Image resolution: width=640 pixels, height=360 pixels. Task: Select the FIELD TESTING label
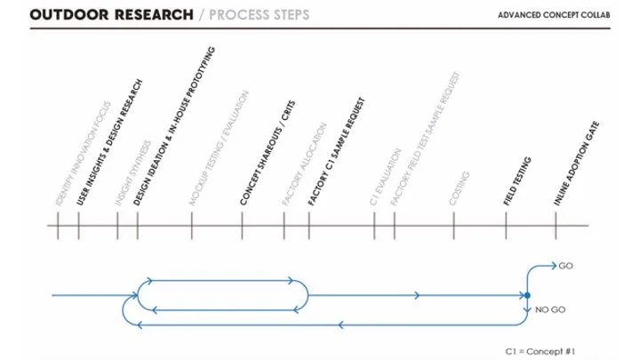coord(517,181)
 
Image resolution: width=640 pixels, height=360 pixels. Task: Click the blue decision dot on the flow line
coord(527,295)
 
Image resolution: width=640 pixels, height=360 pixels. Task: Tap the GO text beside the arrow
coord(566,265)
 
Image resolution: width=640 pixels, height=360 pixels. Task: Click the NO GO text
coord(548,309)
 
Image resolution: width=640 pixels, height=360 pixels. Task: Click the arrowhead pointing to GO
coord(552,266)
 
